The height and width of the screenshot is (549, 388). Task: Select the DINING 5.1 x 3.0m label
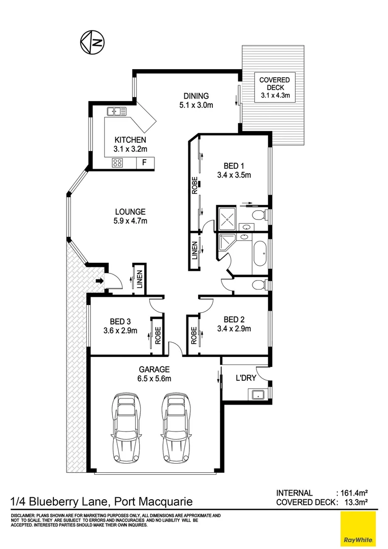pos(196,100)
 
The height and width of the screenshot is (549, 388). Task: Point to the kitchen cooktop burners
pos(118,163)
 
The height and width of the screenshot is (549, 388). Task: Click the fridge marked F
pos(145,163)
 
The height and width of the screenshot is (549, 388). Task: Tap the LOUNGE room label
pos(130,216)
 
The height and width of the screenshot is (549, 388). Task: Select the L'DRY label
pos(246,378)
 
